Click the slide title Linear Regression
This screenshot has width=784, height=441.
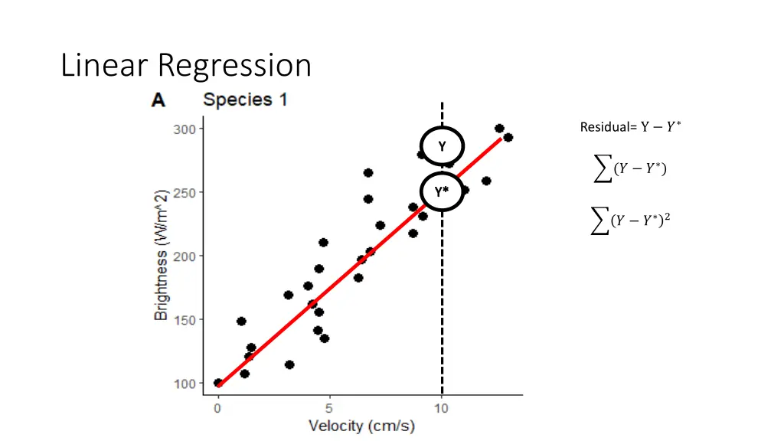point(186,65)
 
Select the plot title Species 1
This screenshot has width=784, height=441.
point(245,100)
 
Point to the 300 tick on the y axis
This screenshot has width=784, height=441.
point(185,129)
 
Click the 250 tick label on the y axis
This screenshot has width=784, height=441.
point(185,192)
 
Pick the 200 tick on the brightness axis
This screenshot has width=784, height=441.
point(185,256)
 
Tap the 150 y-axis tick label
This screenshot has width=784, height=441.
point(185,319)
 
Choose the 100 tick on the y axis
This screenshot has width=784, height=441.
point(185,383)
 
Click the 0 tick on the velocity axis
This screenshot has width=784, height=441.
point(218,408)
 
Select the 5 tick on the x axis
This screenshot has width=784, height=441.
point(330,408)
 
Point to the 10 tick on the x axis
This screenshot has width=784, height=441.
point(442,408)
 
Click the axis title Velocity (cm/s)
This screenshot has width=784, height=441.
point(361,426)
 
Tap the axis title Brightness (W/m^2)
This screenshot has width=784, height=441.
point(161,256)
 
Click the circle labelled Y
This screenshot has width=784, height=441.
point(442,145)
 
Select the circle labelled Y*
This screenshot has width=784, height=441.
point(442,191)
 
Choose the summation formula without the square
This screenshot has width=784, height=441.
point(630,168)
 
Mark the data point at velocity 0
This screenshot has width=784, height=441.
point(218,383)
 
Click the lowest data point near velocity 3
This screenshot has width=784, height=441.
point(289,364)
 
